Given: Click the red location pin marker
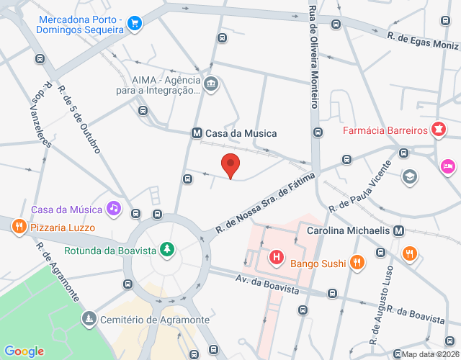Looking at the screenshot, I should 230,165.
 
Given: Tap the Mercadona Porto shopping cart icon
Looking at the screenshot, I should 133,24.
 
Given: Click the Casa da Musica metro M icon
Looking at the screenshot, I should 196,133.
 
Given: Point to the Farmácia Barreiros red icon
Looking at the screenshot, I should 438,131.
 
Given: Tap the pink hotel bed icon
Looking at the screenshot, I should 447,167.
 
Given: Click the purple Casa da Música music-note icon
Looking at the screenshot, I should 113,209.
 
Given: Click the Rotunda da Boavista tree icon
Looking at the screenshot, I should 167,250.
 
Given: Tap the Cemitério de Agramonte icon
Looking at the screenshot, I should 88,318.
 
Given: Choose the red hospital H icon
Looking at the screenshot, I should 275,256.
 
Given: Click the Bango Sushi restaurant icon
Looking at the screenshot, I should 356,264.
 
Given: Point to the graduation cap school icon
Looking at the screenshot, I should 409,176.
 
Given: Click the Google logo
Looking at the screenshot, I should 24,351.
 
